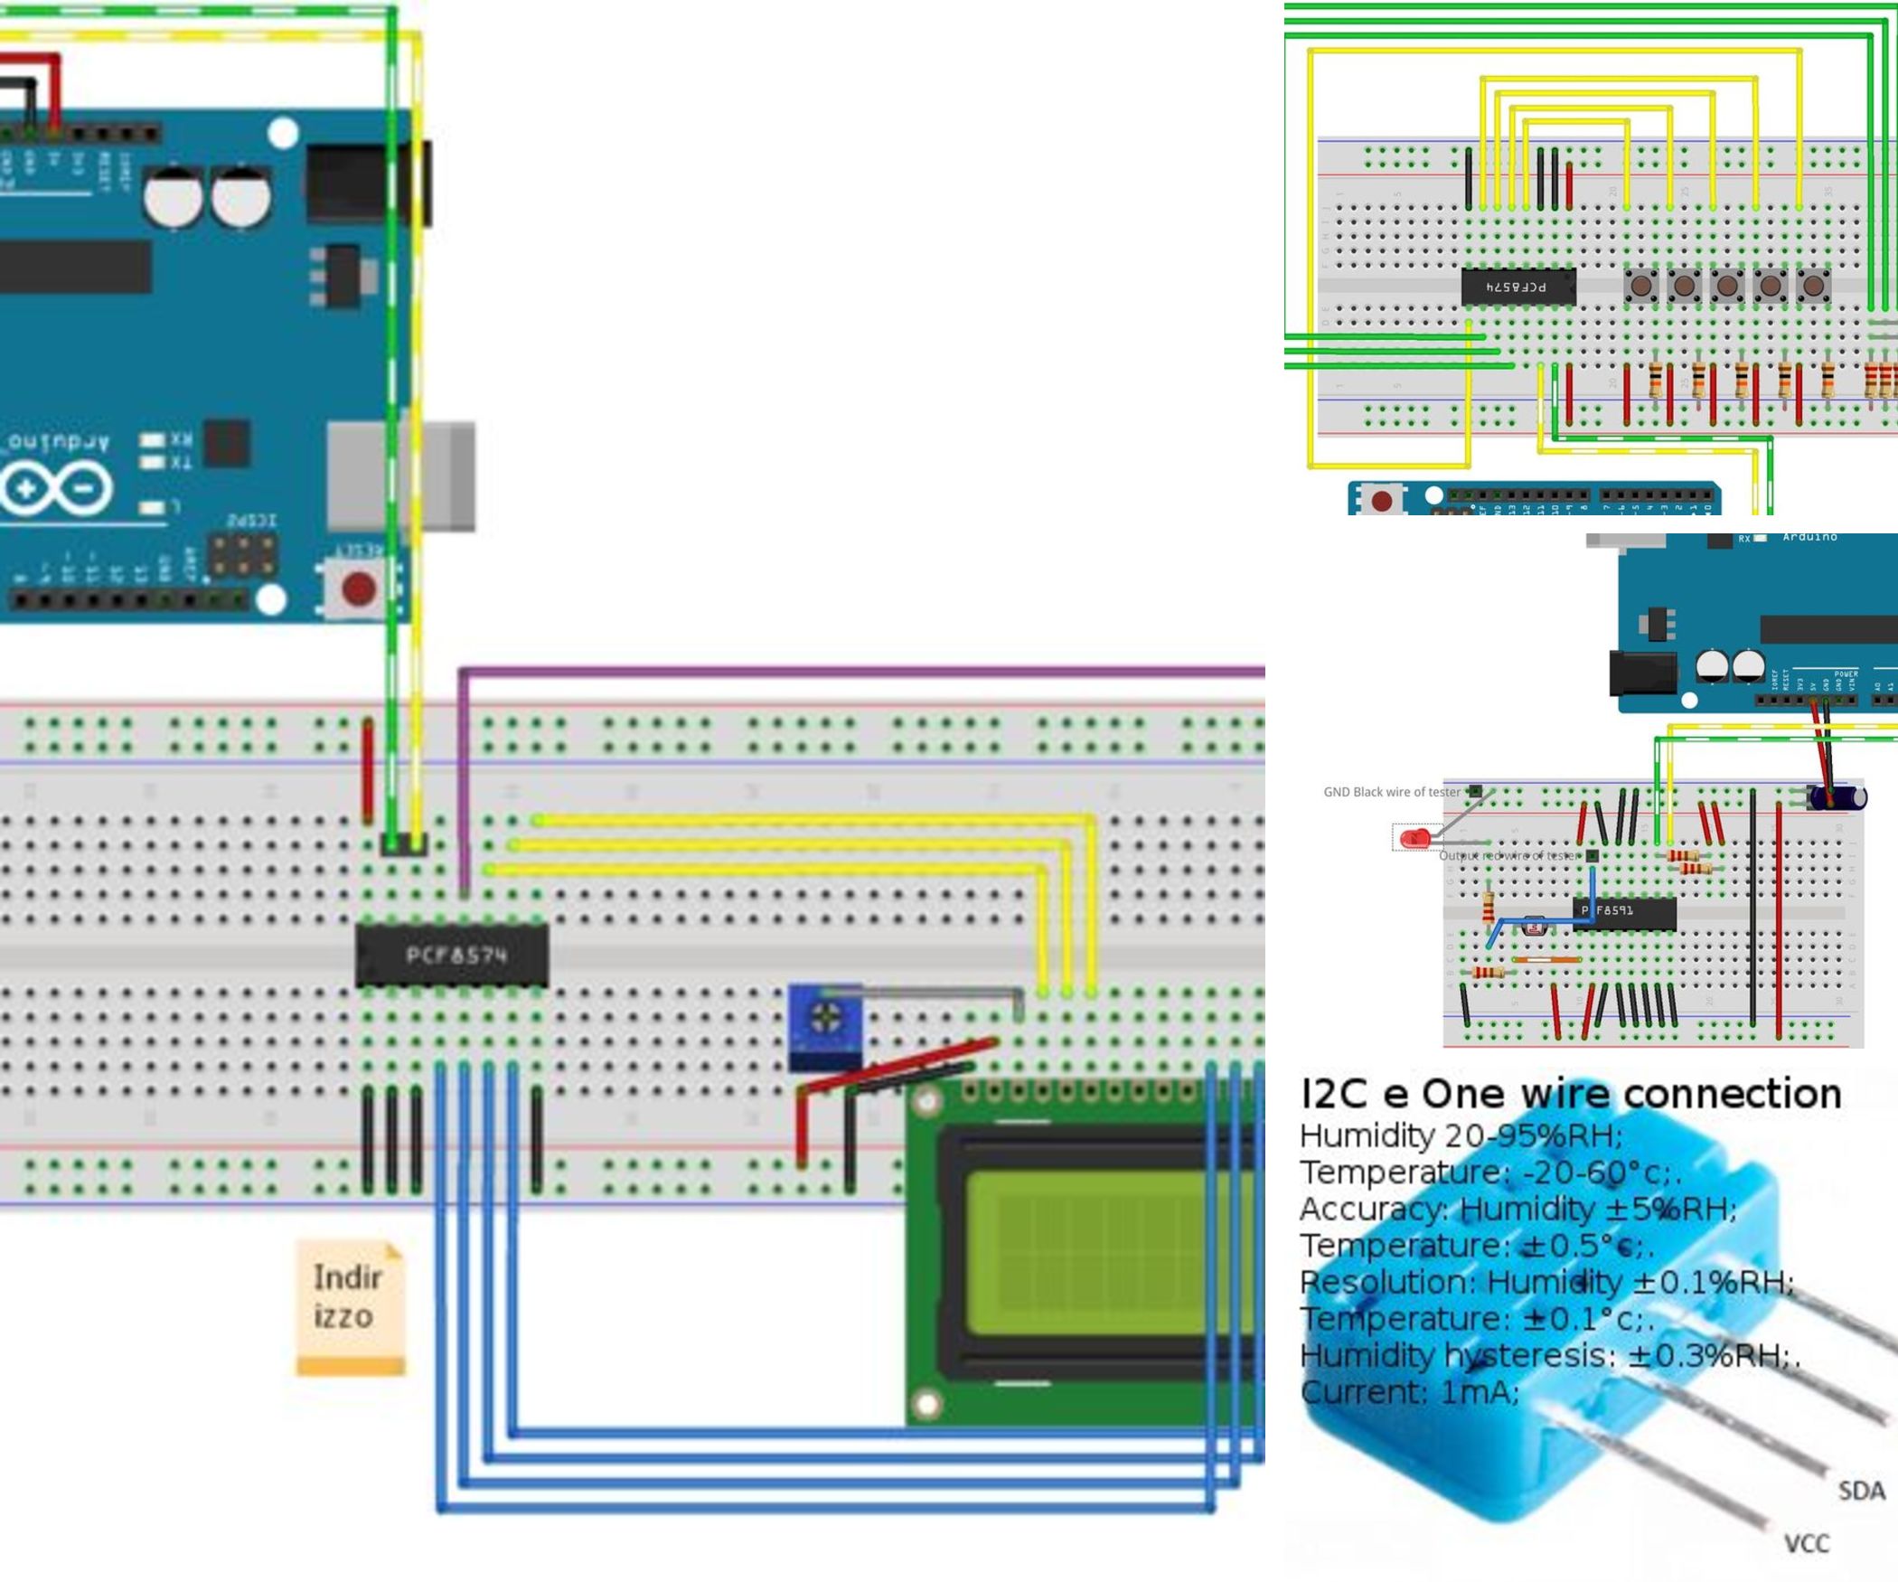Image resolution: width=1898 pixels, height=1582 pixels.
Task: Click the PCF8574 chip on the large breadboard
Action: tap(452, 956)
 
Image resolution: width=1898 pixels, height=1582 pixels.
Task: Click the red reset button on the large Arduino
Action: tap(359, 589)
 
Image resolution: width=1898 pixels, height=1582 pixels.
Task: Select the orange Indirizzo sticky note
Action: tap(351, 1306)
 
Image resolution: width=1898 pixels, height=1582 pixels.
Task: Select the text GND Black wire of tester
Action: tap(1391, 792)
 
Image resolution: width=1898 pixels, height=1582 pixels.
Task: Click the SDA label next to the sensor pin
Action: tap(1861, 1491)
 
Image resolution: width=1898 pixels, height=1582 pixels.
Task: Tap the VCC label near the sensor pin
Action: tap(1806, 1543)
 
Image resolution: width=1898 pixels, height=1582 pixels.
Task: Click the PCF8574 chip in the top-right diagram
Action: tap(1518, 287)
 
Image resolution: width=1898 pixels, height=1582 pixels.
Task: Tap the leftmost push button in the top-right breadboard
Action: tap(1640, 287)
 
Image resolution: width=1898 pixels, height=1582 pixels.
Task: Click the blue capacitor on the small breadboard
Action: tap(1835, 796)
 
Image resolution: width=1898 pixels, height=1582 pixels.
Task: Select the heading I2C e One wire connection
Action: tap(1570, 1094)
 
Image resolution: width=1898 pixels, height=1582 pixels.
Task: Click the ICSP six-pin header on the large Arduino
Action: tap(243, 557)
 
